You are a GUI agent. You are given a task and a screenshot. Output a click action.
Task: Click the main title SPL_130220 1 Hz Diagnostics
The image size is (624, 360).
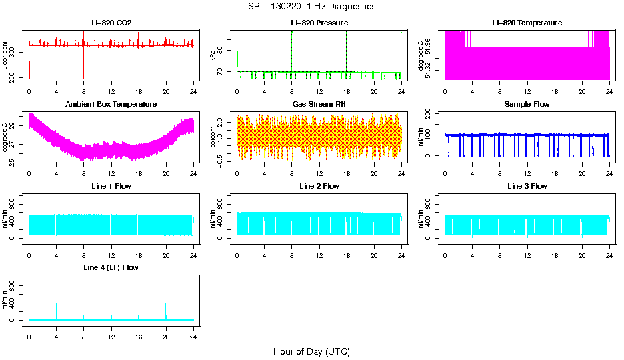coord(311,7)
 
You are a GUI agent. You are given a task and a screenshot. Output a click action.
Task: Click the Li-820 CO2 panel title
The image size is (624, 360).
coord(111,23)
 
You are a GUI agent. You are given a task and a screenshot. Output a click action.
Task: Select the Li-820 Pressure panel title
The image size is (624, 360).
coord(319,23)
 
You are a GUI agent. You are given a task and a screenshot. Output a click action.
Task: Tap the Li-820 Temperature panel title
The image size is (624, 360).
coord(527,23)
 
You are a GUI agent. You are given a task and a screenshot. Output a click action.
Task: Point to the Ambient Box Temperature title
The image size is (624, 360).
coord(111,105)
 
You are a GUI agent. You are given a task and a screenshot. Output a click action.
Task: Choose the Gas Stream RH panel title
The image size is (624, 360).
coord(319,105)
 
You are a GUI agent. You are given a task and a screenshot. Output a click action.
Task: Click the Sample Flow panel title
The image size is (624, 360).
coord(527,105)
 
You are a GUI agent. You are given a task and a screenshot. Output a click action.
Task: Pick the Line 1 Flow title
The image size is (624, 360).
coord(111,186)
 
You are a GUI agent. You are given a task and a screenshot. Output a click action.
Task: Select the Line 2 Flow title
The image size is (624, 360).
coord(319,186)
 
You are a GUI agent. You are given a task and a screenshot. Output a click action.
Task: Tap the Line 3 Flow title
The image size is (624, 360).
coord(527,186)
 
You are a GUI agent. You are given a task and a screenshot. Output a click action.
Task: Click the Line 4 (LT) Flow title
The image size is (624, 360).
coord(111,267)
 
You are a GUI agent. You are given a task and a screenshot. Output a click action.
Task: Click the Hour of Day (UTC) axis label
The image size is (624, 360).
coord(311,351)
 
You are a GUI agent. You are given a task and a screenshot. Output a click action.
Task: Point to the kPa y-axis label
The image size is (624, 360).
coord(213,56)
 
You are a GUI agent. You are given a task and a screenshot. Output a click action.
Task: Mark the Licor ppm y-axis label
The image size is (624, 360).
coord(5,56)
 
